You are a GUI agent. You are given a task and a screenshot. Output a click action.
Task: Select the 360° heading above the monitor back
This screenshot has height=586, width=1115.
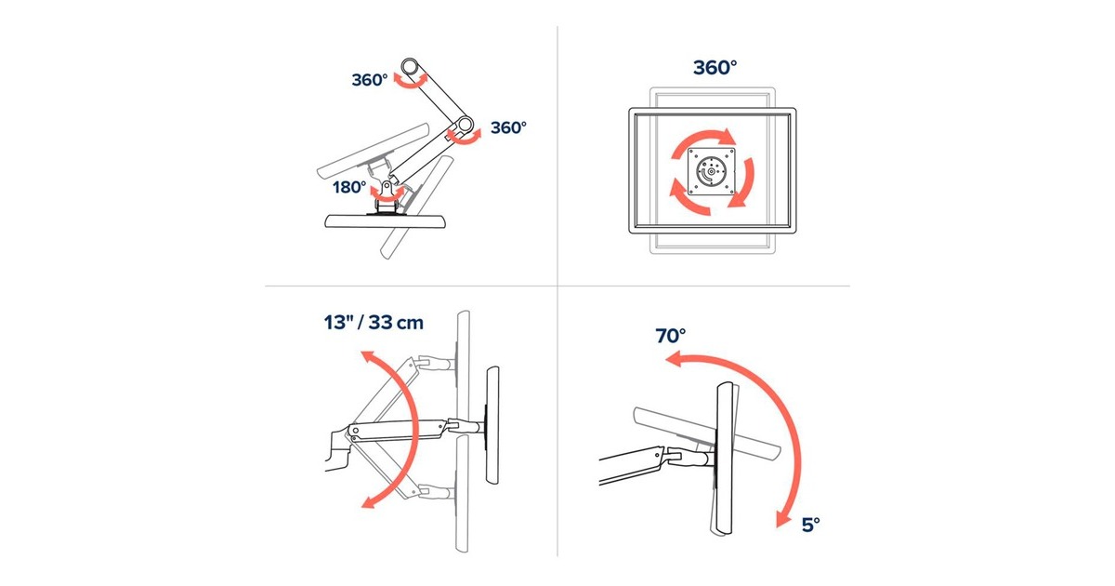pyautogui.click(x=715, y=68)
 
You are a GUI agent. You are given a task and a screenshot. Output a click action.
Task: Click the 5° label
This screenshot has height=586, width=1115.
pyautogui.click(x=810, y=525)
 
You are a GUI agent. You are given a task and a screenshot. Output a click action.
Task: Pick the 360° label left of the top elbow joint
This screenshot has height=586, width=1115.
pyautogui.click(x=369, y=80)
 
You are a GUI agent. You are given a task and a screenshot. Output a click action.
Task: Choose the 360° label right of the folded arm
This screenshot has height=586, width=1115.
pyautogui.click(x=508, y=127)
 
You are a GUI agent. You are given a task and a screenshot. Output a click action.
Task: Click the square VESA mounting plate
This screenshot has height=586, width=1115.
pyautogui.click(x=711, y=172)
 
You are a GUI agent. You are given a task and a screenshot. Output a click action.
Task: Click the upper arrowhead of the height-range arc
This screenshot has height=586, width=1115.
pyautogui.click(x=367, y=358)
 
